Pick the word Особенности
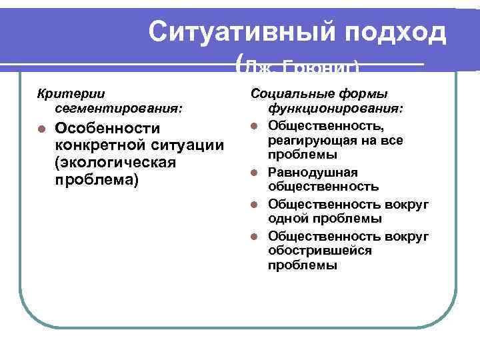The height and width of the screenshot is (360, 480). [107, 129]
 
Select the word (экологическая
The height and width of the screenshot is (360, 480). [115, 163]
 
